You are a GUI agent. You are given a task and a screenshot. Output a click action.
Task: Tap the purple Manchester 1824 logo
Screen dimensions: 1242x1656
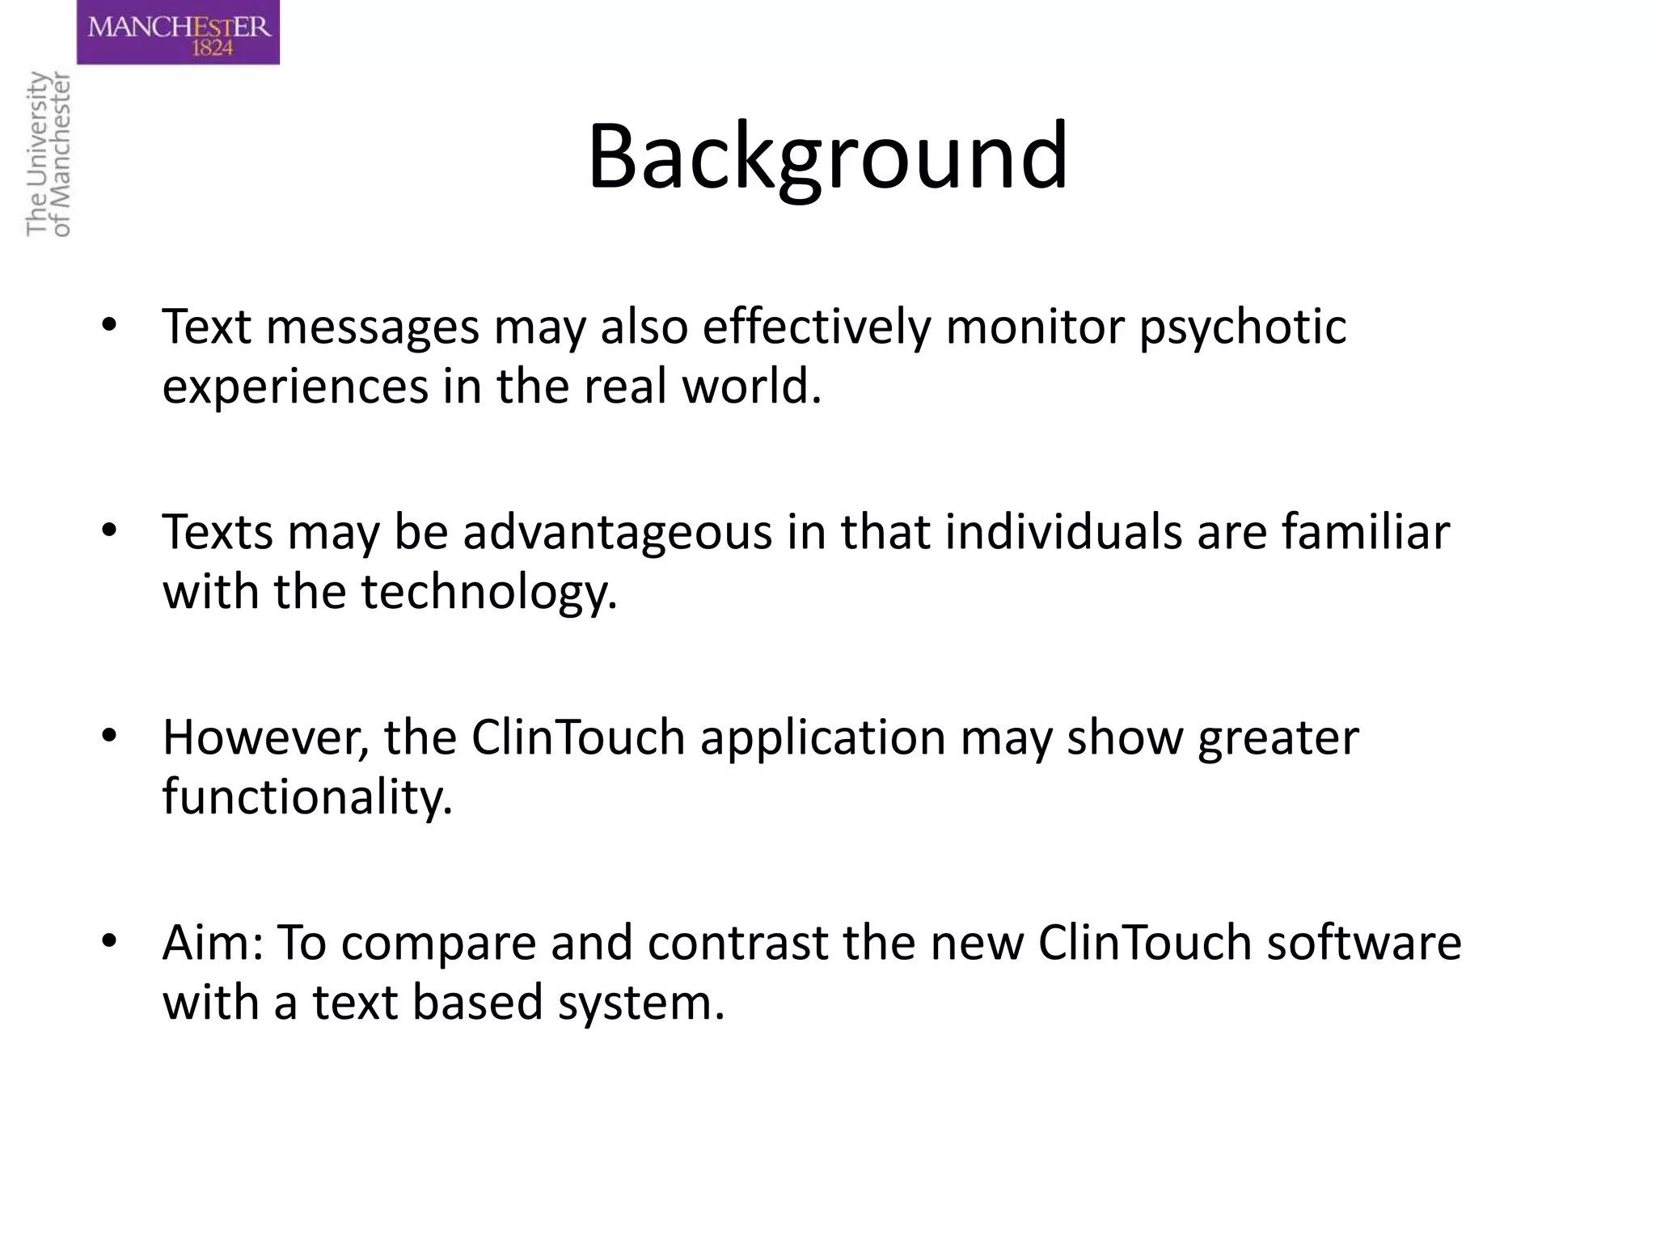pos(179,32)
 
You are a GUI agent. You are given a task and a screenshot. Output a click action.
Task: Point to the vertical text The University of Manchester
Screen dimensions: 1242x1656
pos(49,154)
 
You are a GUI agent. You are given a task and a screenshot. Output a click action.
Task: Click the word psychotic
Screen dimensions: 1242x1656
pos(1243,327)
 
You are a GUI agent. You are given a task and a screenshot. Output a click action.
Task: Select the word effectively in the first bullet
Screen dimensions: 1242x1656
pos(817,327)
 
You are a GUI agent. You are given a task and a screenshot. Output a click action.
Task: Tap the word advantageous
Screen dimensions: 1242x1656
pos(617,533)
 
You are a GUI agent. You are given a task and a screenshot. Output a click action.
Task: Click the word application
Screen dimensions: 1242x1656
pos(822,737)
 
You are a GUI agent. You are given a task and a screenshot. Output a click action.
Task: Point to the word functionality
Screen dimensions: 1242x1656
pos(307,796)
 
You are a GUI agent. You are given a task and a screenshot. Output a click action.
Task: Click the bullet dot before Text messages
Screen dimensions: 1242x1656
pos(109,326)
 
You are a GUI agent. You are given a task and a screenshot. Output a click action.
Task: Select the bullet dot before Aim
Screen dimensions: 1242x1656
pos(109,942)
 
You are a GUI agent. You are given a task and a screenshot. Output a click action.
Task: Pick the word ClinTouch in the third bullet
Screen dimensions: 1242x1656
pos(578,737)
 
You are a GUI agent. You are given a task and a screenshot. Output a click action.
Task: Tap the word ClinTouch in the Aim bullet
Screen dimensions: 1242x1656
pos(1144,943)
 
